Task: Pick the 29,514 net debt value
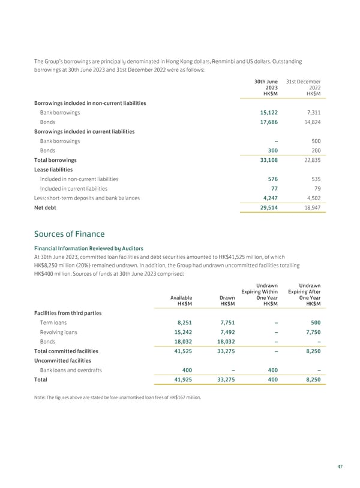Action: click(x=266, y=207)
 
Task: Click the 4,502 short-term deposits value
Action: click(x=311, y=197)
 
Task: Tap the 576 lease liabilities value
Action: click(x=271, y=179)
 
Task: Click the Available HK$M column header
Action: click(x=181, y=300)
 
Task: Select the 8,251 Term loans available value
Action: click(x=182, y=322)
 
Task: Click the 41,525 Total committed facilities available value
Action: click(x=180, y=351)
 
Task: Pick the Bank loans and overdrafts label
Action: click(x=71, y=370)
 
